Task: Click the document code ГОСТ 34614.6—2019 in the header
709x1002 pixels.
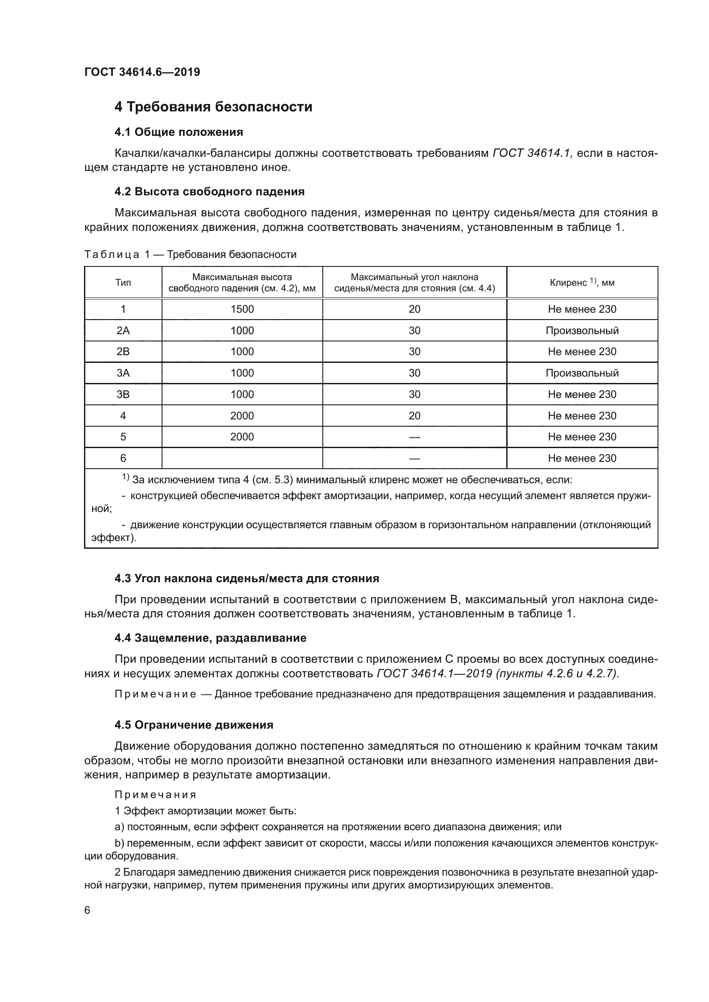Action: (142, 72)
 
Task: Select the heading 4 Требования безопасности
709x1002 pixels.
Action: (213, 107)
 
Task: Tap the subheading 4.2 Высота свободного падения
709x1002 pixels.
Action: (209, 191)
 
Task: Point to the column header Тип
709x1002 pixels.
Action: (123, 283)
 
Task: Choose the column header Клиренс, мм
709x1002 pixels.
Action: (582, 283)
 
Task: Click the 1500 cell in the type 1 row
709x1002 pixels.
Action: (242, 309)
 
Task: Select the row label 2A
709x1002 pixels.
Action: (123, 331)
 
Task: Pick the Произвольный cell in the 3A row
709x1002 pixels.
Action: (582, 373)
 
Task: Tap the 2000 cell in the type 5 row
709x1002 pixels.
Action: (242, 437)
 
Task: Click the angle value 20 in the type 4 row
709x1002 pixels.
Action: (414, 416)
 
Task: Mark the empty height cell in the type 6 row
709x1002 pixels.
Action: (242, 458)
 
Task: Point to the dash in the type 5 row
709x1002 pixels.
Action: (414, 437)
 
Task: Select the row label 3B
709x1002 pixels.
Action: (123, 395)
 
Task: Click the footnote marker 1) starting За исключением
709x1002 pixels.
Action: (126, 478)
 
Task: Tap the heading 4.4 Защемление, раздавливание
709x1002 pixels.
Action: (210, 638)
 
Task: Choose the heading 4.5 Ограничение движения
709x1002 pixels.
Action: (193, 725)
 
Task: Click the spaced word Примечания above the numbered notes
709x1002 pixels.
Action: (156, 795)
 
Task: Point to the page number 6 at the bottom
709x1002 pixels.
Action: (87, 910)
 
